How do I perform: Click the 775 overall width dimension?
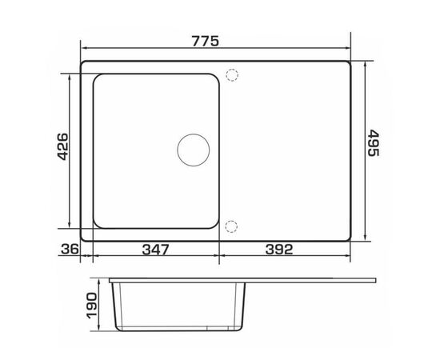[x=205, y=42]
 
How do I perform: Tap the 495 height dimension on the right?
[x=374, y=142]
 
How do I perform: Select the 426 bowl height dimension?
[x=62, y=146]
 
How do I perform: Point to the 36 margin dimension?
[x=70, y=249]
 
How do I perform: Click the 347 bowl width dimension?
[x=156, y=250]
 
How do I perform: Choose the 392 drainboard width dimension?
[x=279, y=249]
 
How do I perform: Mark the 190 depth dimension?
[x=92, y=306]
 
